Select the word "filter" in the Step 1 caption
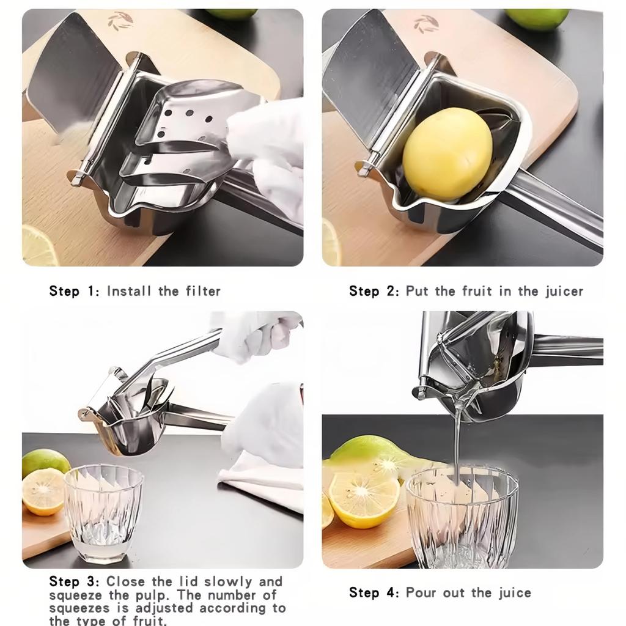[x=203, y=291]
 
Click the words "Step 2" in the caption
[x=374, y=291]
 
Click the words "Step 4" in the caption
[x=374, y=592]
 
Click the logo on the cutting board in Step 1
[x=120, y=21]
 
